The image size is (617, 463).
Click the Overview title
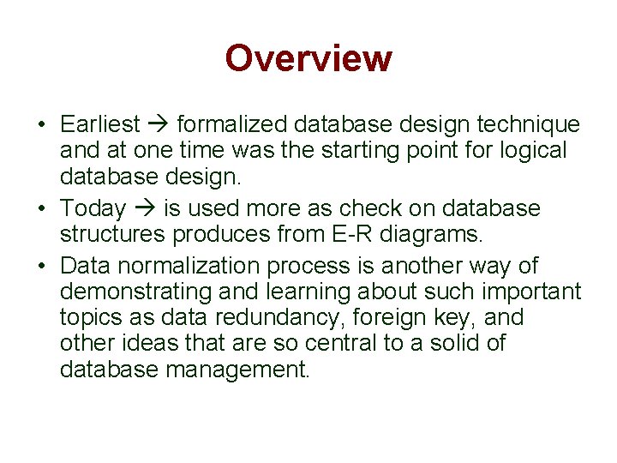click(x=308, y=58)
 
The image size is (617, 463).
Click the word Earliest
click(x=100, y=124)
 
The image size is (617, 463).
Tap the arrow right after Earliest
click(x=159, y=124)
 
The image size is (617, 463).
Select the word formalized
click(x=232, y=124)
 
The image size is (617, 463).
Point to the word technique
click(x=529, y=125)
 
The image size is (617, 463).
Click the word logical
click(x=533, y=151)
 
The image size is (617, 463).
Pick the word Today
click(x=93, y=208)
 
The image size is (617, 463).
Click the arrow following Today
click(x=145, y=207)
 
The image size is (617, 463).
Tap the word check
click(x=370, y=207)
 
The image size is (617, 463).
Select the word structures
click(x=112, y=234)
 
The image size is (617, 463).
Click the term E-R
click(x=352, y=234)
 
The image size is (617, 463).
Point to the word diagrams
click(x=431, y=235)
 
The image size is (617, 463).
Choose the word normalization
click(x=189, y=265)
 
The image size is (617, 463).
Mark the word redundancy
click(x=277, y=318)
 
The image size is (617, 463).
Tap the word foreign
click(x=389, y=318)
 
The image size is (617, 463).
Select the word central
click(x=341, y=343)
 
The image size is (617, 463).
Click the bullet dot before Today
click(x=42, y=207)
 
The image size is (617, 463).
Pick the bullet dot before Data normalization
click(x=42, y=266)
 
